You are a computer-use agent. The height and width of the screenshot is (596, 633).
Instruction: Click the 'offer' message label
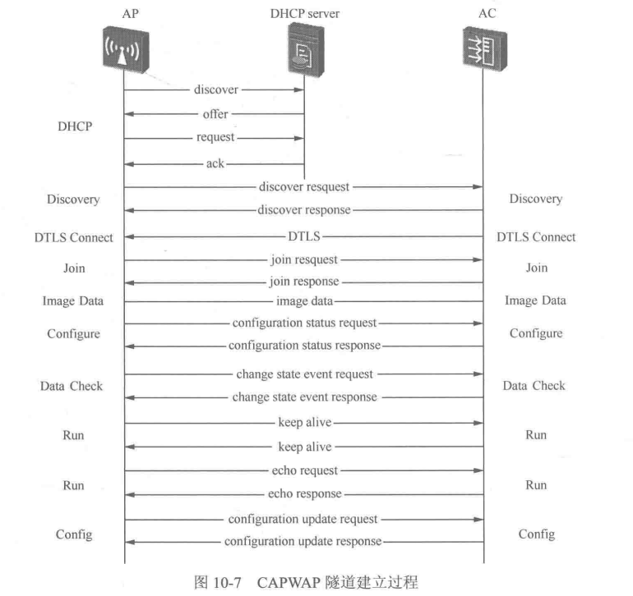pyautogui.click(x=215, y=114)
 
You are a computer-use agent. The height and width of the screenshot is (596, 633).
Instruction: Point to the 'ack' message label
pyautogui.click(x=215, y=163)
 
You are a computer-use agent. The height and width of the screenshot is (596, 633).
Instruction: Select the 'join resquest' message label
pyautogui.click(x=303, y=259)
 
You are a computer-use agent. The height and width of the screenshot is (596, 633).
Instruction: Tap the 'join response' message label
pyautogui.click(x=304, y=281)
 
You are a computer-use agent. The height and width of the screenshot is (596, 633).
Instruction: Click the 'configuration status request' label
pyautogui.click(x=304, y=323)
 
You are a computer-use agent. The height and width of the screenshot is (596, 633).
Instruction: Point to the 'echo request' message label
pyautogui.click(x=304, y=471)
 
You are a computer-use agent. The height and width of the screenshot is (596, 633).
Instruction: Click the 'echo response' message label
pyautogui.click(x=304, y=494)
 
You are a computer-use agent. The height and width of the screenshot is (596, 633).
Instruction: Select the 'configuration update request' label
pyautogui.click(x=304, y=519)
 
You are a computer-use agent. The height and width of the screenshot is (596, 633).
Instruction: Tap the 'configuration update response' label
pyautogui.click(x=303, y=542)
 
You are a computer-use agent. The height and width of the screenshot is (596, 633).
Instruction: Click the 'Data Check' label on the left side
pyautogui.click(x=72, y=386)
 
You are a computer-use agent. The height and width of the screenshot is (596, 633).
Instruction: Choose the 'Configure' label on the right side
pyautogui.click(x=536, y=333)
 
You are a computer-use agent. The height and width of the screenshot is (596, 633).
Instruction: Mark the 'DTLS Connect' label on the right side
pyautogui.click(x=536, y=237)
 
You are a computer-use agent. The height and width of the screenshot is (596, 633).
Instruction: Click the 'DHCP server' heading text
pyautogui.click(x=304, y=14)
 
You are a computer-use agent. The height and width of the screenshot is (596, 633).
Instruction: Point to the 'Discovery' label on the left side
pyautogui.click(x=72, y=199)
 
